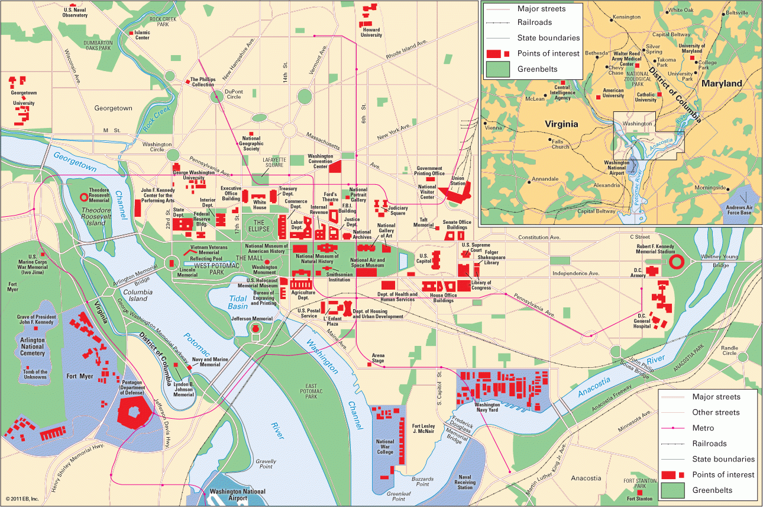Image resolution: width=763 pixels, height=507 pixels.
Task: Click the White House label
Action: coord(260,205)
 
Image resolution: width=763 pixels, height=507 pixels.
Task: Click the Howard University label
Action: coord(371,32)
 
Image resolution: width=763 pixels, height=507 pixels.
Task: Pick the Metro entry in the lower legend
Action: coord(703,428)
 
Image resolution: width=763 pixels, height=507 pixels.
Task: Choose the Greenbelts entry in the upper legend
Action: coord(537,69)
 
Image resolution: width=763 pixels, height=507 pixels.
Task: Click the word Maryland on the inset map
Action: coord(721,84)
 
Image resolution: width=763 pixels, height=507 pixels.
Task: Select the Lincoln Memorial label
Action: coord(187,272)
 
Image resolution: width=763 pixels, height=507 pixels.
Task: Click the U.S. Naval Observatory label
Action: coord(75,12)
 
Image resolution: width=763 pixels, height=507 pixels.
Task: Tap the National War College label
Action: coord(385,447)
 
